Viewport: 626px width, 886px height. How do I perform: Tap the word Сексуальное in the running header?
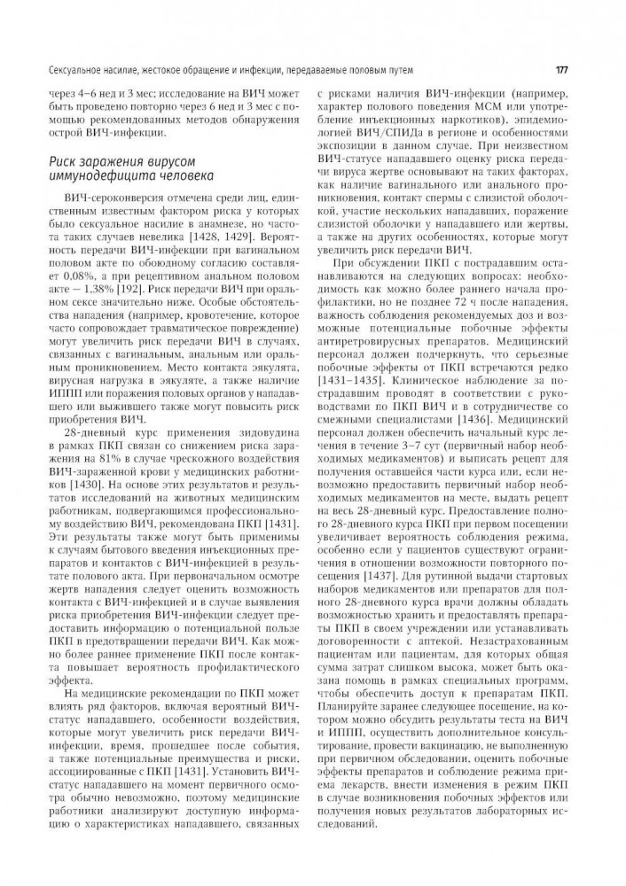click(x=59, y=70)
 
